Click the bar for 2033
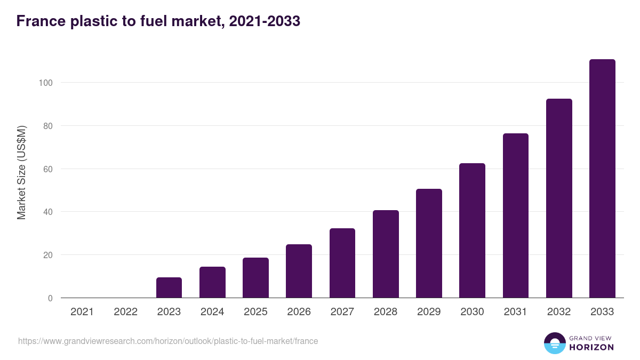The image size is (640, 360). click(x=602, y=179)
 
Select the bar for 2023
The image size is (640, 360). click(x=169, y=287)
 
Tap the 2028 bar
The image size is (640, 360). click(x=386, y=254)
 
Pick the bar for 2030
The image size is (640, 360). click(x=472, y=230)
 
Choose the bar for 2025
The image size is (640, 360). click(x=255, y=278)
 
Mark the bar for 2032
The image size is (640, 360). click(x=559, y=198)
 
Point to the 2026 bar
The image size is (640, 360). click(x=299, y=271)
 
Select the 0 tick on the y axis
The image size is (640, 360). click(x=50, y=298)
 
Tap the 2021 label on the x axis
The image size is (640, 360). click(x=82, y=312)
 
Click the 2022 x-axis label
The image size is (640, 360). click(x=125, y=312)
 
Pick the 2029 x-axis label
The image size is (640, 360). click(x=429, y=312)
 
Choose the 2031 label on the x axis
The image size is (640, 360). click(x=515, y=312)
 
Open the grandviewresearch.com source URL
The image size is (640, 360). click(x=168, y=341)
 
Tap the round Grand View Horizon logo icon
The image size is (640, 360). click(x=555, y=343)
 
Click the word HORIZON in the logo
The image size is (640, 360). click(x=591, y=347)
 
